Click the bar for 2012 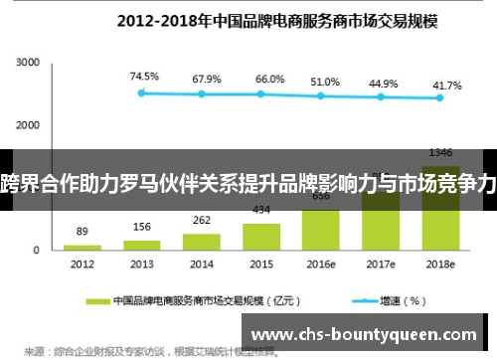(x=83, y=246)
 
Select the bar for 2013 (x=142, y=244)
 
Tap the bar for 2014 (x=202, y=241)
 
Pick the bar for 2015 (x=261, y=236)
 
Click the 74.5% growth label (x=144, y=76)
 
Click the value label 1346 (x=440, y=152)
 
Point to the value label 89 (x=83, y=231)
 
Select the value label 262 (x=202, y=221)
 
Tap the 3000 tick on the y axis (x=27, y=63)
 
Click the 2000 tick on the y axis (x=27, y=124)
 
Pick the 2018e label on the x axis (x=440, y=265)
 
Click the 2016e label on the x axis (x=321, y=265)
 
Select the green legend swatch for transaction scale (x=97, y=299)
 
